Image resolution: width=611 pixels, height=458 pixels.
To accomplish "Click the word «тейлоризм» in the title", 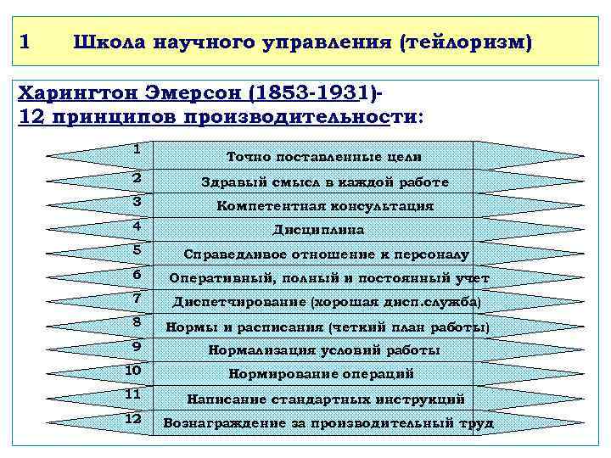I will tap(467, 42).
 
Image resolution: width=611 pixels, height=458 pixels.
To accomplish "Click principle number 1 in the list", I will tap(137, 148).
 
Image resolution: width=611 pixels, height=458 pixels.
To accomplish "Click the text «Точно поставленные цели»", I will tap(325, 157).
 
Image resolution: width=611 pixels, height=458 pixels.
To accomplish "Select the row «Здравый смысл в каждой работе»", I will tap(325, 182).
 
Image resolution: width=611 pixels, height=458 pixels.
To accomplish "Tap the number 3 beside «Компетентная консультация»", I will tap(137, 201).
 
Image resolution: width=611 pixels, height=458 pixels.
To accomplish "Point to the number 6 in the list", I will tap(137, 274).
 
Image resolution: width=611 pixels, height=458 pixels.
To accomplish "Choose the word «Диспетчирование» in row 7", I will tap(240, 302).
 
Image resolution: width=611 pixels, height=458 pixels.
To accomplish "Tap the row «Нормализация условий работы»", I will tap(325, 350).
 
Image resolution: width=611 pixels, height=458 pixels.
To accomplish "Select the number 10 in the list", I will tap(133, 371).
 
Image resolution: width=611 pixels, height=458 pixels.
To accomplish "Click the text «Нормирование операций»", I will tap(321, 374).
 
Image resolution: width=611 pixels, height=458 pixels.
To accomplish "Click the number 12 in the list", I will tap(133, 418).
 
